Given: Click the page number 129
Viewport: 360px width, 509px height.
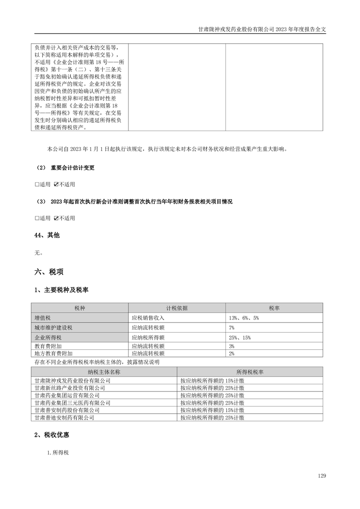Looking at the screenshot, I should click(322, 476).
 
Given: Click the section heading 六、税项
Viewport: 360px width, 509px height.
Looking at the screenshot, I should click(49, 272).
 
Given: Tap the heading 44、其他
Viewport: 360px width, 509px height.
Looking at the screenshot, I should click(47, 235).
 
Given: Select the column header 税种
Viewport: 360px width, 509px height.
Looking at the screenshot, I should click(79, 308).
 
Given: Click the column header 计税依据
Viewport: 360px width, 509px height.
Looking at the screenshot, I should click(177, 308).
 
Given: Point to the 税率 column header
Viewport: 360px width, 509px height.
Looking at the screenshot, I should click(274, 308).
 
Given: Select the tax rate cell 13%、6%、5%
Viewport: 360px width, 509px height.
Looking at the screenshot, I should click(244, 318).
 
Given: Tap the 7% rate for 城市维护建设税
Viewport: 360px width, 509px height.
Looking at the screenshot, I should click(232, 328).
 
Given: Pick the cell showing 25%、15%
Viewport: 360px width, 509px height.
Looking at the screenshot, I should click(240, 338).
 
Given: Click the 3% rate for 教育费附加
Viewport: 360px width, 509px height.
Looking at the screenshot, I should click(232, 346).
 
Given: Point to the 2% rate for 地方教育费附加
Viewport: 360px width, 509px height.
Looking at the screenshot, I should click(232, 353).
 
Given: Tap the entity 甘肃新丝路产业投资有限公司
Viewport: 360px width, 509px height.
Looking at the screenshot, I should click(70, 388).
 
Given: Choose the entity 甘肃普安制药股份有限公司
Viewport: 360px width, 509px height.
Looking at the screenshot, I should click(70, 410).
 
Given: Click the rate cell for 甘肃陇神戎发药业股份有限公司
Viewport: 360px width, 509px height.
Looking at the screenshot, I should click(212, 381).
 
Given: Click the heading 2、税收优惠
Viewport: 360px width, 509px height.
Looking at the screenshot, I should click(52, 435).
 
